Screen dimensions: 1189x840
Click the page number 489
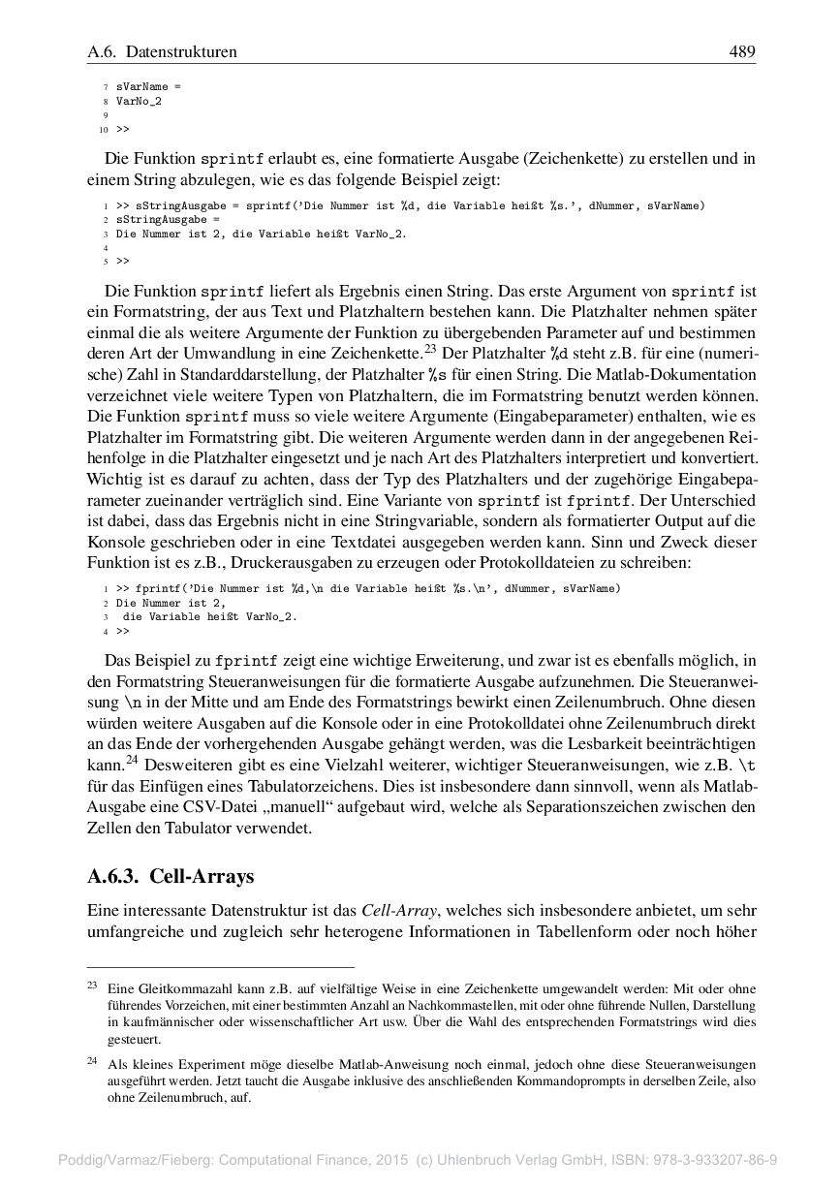pyautogui.click(x=742, y=51)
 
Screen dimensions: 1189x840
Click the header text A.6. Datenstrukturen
pyautogui.click(x=162, y=51)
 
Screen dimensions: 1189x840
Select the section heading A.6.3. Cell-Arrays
pyautogui.click(x=171, y=877)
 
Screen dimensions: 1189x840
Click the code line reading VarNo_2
pyautogui.click(x=139, y=101)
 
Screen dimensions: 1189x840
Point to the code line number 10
pyautogui.click(x=103, y=129)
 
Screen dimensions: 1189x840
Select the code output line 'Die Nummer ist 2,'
pyautogui.click(x=171, y=602)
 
